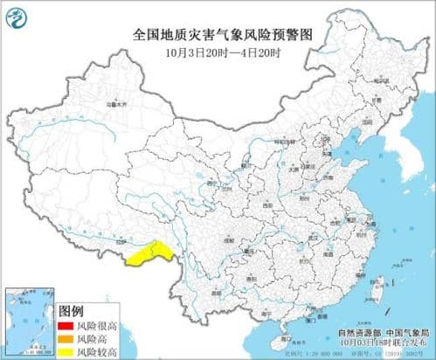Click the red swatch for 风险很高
66,325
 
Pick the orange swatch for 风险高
66,336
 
